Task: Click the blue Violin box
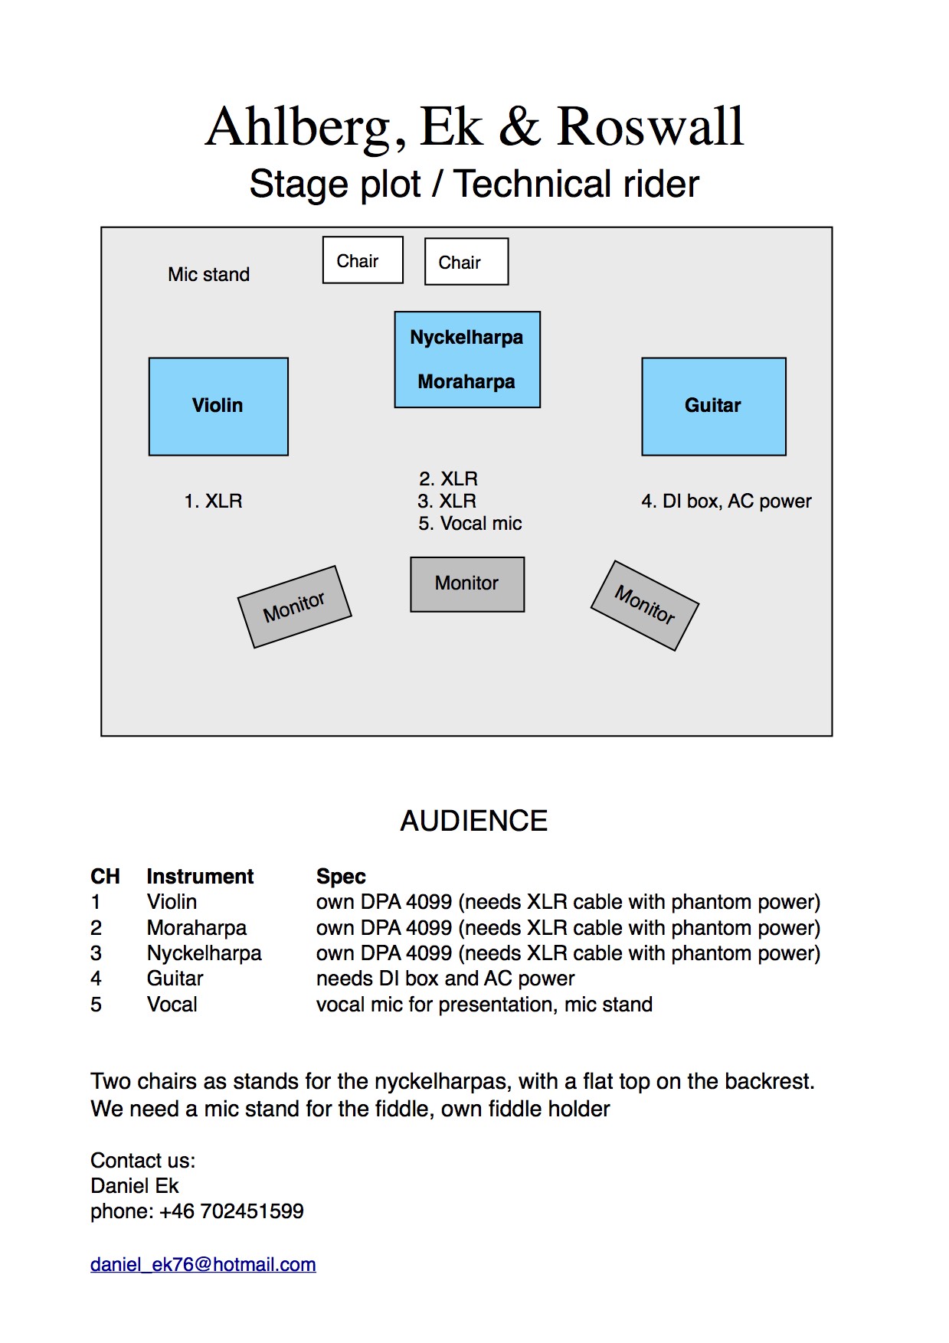[218, 407]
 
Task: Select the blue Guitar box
[714, 407]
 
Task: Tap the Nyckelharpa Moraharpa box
[467, 359]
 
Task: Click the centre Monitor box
[467, 584]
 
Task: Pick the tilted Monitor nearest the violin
[295, 607]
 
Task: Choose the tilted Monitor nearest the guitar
[645, 606]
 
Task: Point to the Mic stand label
[209, 275]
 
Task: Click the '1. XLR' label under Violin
[213, 502]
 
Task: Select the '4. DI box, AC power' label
[726, 502]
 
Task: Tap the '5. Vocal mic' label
[470, 524]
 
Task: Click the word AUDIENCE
[474, 821]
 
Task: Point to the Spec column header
[341, 877]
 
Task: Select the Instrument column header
[200, 877]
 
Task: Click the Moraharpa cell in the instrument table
[197, 928]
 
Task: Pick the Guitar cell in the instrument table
[175, 979]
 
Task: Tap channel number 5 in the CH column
[96, 1005]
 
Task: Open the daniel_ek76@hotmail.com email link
[203, 1264]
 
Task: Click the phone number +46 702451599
[231, 1211]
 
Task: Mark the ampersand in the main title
[520, 126]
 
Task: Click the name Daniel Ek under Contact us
[134, 1186]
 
